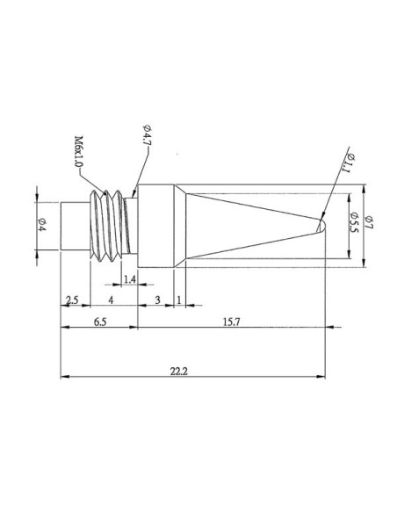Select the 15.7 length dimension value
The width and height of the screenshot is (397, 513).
(x=230, y=322)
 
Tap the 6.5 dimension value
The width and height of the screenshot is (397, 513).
(x=98, y=322)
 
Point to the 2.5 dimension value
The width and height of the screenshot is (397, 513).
(x=73, y=300)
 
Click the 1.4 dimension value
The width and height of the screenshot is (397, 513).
(x=128, y=279)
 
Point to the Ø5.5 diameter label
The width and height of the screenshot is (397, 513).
(x=353, y=224)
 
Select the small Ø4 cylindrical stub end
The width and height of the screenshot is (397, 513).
(x=74, y=226)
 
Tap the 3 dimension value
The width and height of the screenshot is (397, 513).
(x=156, y=300)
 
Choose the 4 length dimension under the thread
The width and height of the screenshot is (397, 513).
(x=110, y=300)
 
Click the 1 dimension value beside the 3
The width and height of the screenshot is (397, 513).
(x=180, y=300)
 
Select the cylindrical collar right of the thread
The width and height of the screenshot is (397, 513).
(x=158, y=226)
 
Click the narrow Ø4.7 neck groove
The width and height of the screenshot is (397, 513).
(x=132, y=226)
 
